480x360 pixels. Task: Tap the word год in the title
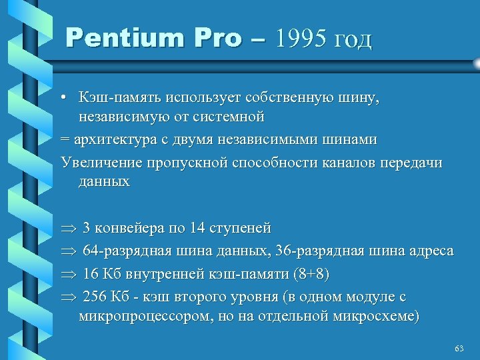351,39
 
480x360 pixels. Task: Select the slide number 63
458,349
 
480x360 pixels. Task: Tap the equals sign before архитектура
65,141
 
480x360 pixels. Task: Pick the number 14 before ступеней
197,228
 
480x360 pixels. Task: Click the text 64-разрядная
127,251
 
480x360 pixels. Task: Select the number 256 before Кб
95,297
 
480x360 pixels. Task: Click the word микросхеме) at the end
383,315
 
